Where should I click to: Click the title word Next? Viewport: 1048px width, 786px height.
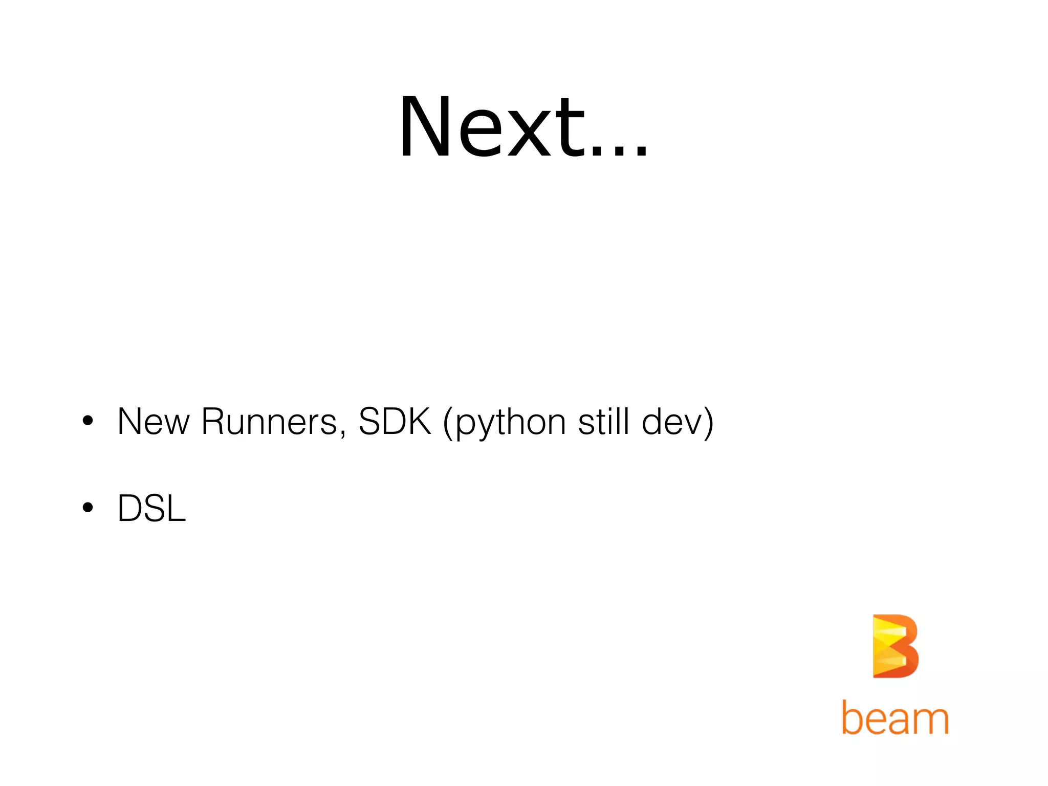(x=491, y=128)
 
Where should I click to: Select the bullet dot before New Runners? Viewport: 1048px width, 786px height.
(x=88, y=421)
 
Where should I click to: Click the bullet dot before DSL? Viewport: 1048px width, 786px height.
(x=88, y=508)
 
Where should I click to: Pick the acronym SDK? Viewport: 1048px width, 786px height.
(x=395, y=422)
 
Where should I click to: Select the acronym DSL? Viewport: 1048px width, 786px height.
(x=152, y=509)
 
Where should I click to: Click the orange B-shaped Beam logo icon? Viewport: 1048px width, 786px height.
(x=895, y=646)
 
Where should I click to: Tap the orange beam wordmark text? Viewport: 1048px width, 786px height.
(x=895, y=717)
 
